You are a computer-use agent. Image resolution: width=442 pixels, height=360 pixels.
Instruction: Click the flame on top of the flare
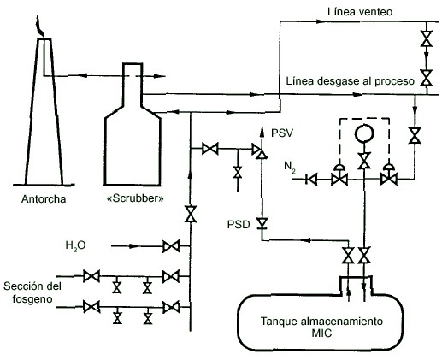click(39, 27)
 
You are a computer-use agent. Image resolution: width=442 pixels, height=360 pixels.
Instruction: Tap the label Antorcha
click(44, 199)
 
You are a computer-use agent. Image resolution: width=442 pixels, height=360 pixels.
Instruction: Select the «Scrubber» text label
click(135, 198)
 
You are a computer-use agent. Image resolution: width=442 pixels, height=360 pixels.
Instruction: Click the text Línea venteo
click(360, 12)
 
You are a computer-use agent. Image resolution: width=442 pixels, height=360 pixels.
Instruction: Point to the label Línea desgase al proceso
click(350, 81)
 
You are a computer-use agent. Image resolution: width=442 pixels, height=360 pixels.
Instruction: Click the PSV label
click(282, 133)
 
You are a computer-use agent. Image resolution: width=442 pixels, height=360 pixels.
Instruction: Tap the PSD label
click(239, 225)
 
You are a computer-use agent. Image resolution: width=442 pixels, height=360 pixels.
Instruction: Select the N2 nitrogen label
click(290, 167)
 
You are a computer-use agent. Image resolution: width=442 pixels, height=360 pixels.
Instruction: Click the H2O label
click(75, 246)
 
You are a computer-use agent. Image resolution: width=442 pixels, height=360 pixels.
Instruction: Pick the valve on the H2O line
click(171, 246)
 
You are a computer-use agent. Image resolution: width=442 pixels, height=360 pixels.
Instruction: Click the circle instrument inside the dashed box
click(364, 133)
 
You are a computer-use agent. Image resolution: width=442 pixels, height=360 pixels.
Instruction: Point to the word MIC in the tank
click(321, 333)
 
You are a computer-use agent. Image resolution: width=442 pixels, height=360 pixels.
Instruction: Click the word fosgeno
click(32, 299)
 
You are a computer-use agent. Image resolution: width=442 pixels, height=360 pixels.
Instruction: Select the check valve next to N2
click(311, 180)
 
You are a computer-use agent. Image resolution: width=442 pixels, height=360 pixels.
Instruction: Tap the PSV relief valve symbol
click(260, 151)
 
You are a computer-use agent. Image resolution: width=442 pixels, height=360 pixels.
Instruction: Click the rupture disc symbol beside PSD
click(262, 223)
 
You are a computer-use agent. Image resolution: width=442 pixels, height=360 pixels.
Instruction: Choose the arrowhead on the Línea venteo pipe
click(321, 21)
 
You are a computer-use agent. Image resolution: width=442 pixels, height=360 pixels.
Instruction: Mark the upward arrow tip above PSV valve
click(261, 127)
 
